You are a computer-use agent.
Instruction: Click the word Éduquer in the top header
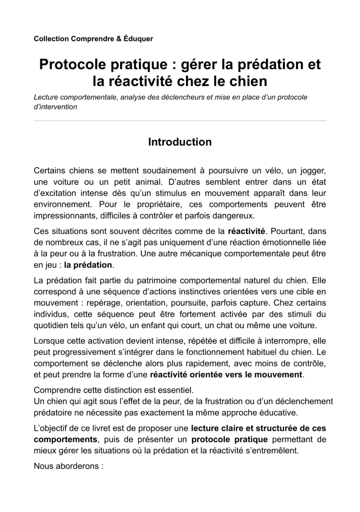pyautogui.click(x=138, y=38)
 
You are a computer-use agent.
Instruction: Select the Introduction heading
pyautogui.click(x=180, y=142)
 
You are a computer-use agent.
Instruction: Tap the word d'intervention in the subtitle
pyautogui.click(x=55, y=107)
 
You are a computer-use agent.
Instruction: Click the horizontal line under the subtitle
pyautogui.click(x=180, y=121)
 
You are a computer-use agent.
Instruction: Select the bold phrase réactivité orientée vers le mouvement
pyautogui.click(x=226, y=375)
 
